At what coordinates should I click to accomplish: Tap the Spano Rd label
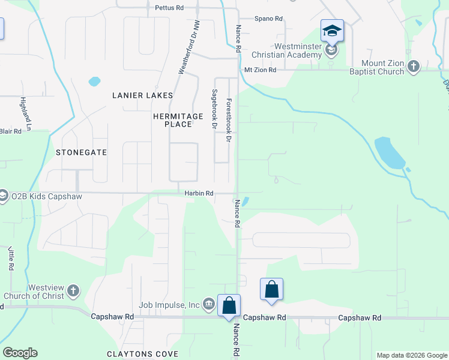pos(268,19)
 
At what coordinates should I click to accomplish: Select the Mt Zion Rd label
pos(260,70)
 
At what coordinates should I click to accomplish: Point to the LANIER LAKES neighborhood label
pos(142,95)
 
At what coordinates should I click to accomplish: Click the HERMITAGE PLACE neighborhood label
pos(172,119)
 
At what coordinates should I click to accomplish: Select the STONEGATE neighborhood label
pos(81,152)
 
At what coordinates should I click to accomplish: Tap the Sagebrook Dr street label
pos(214,109)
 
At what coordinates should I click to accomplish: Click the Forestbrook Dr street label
pos(228,120)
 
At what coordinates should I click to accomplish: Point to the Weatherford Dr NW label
pos(188,48)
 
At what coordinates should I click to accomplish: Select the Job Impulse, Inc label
pos(169,305)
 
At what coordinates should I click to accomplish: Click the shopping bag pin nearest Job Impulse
pos(229,305)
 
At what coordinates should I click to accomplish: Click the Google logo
pos(20,353)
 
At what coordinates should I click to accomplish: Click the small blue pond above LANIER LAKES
pos(94,80)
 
